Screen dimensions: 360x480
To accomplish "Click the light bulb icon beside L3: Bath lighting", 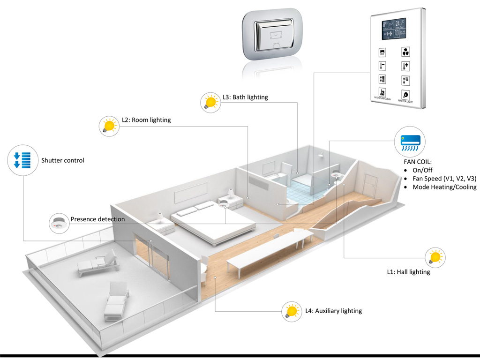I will tap(210, 101).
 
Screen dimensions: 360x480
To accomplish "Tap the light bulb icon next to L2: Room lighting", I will tap(110, 125).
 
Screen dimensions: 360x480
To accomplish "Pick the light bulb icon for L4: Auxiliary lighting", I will tap(292, 311).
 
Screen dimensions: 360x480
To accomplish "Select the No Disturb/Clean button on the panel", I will tap(382, 94).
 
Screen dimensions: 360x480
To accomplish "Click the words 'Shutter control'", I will tap(63, 160).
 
